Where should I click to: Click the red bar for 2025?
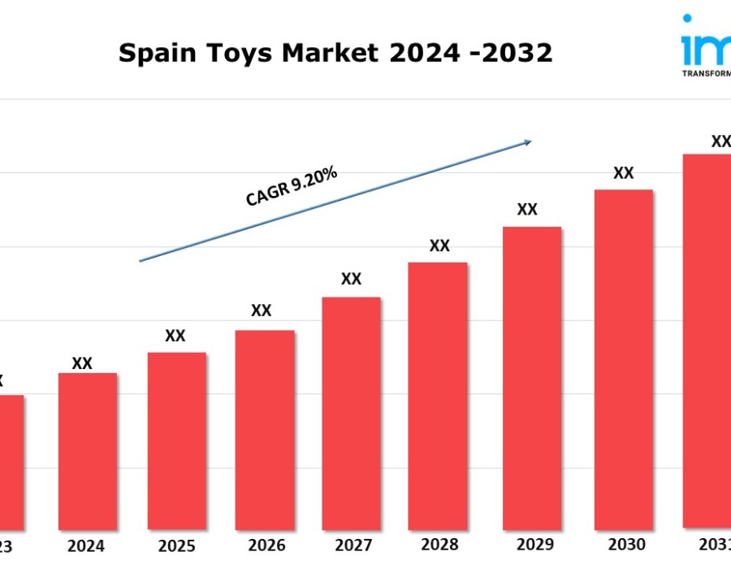click(176, 440)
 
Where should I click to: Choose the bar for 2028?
click(438, 395)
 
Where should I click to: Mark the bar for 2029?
click(532, 377)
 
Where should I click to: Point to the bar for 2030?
click(623, 358)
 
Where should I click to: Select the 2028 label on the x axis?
click(439, 545)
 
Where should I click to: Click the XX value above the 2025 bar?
click(175, 336)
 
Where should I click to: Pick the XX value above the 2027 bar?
click(351, 279)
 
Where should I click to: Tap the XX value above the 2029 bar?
click(527, 210)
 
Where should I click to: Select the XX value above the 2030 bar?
click(623, 173)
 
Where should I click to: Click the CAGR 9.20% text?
click(291, 188)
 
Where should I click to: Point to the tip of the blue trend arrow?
click(531, 141)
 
